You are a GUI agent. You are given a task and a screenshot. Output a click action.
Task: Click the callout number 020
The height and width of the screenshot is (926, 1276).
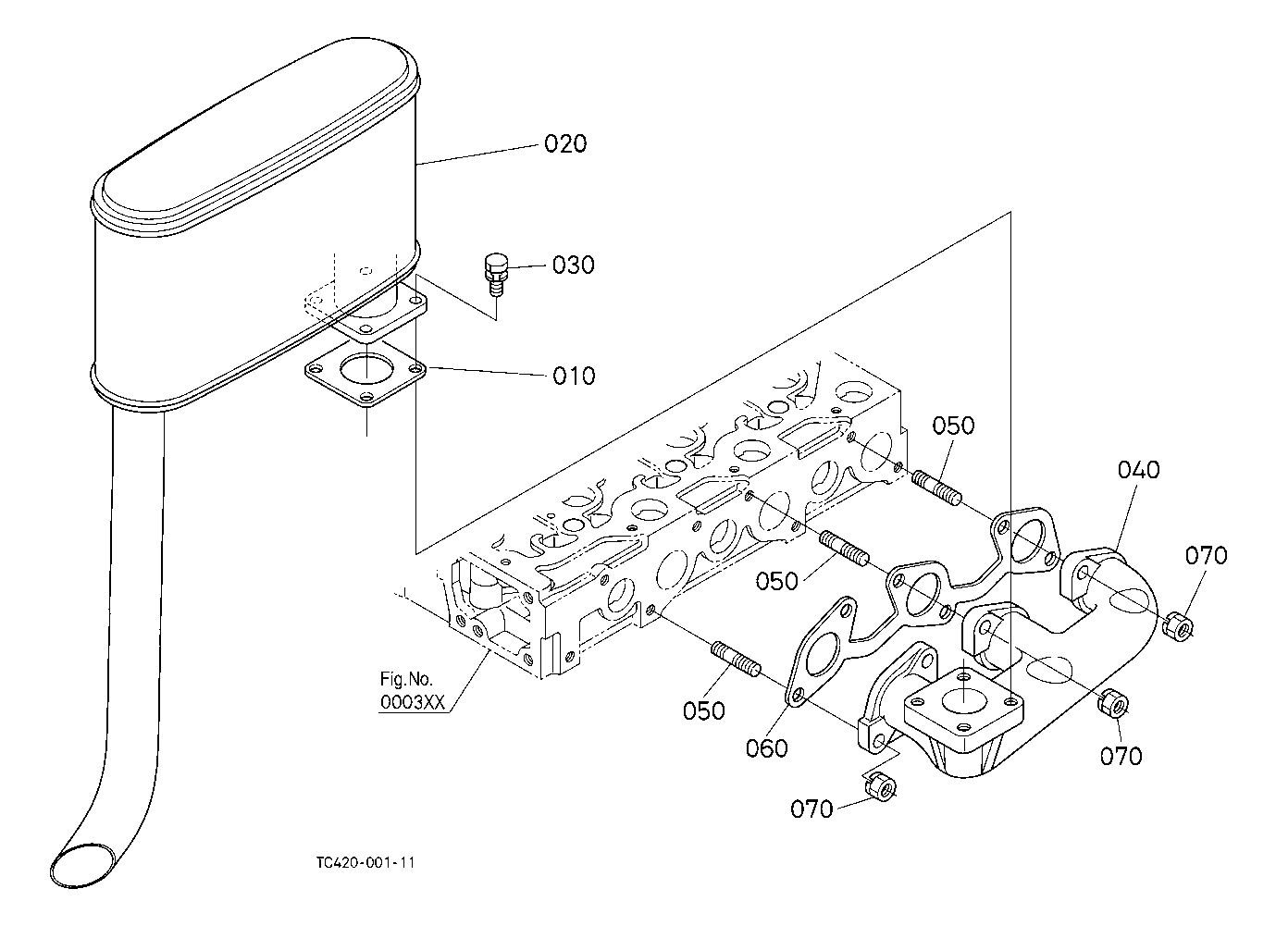565,143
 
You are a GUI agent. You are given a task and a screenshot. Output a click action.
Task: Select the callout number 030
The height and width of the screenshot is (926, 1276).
573,265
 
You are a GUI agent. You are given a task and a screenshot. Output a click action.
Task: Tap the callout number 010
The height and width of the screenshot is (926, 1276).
574,376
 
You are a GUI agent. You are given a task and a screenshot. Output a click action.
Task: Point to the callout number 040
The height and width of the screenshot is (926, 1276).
1138,470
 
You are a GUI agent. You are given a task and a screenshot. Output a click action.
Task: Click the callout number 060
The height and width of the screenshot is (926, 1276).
767,748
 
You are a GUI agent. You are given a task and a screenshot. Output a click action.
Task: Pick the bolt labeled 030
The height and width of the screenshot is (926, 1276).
496,273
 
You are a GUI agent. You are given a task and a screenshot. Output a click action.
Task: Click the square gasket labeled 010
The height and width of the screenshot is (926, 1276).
365,374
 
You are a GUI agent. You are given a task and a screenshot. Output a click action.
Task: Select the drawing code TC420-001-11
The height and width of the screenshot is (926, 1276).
365,863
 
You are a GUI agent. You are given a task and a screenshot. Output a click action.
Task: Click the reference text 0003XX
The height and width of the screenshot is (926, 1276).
413,703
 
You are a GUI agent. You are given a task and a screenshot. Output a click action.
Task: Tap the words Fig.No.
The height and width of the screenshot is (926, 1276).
406,679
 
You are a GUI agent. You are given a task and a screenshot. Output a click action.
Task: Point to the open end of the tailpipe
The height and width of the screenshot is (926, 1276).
85,864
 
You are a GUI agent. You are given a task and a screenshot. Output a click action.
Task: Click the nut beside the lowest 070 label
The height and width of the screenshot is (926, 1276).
881,787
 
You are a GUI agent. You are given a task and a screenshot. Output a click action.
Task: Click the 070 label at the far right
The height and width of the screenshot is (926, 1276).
1206,555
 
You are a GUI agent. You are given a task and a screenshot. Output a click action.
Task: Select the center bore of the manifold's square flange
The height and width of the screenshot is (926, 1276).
962,698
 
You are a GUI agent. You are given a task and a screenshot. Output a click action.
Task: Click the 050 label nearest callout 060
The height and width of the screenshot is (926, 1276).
703,710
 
